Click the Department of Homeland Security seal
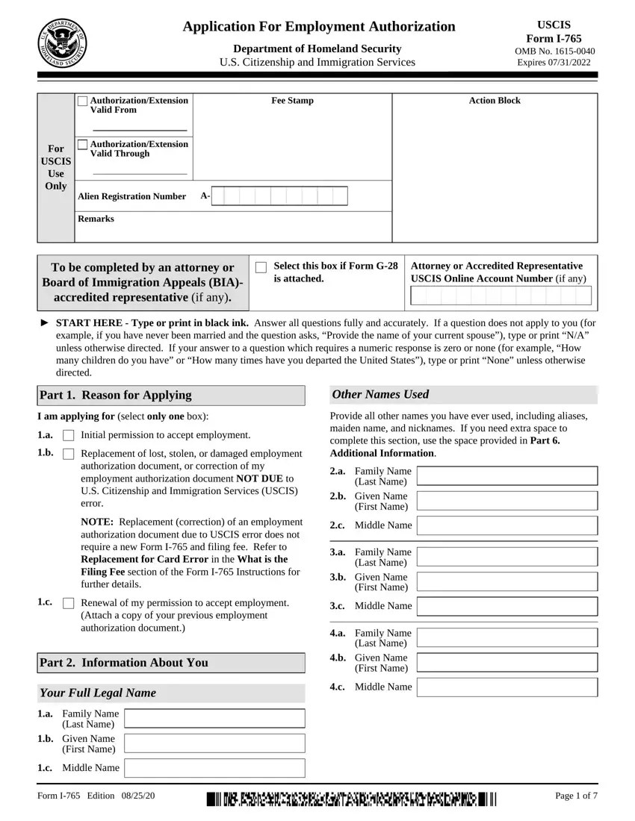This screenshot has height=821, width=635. tap(62, 43)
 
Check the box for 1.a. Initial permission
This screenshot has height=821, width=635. tap(69, 435)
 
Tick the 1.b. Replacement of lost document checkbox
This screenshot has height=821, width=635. tap(69, 454)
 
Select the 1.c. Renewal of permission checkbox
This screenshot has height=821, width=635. tap(69, 603)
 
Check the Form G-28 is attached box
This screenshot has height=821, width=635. tap(261, 267)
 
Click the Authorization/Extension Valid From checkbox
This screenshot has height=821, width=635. tap(82, 101)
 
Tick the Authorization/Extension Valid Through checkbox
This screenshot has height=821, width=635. tap(82, 144)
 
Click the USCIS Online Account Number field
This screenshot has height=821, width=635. tap(501, 296)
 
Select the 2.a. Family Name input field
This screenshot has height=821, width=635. tap(507, 475)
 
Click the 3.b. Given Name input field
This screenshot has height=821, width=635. tap(507, 581)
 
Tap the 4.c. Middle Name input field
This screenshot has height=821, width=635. tap(507, 687)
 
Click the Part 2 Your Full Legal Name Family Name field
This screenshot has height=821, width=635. tap(214, 719)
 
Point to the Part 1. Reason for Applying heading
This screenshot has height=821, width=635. tap(116, 395)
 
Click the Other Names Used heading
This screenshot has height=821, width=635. tap(380, 394)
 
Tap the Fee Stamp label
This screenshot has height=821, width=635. tap(292, 101)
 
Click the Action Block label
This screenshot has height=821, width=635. tap(494, 101)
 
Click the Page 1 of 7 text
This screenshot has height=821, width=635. tap(576, 796)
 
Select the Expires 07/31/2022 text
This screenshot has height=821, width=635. tap(554, 62)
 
